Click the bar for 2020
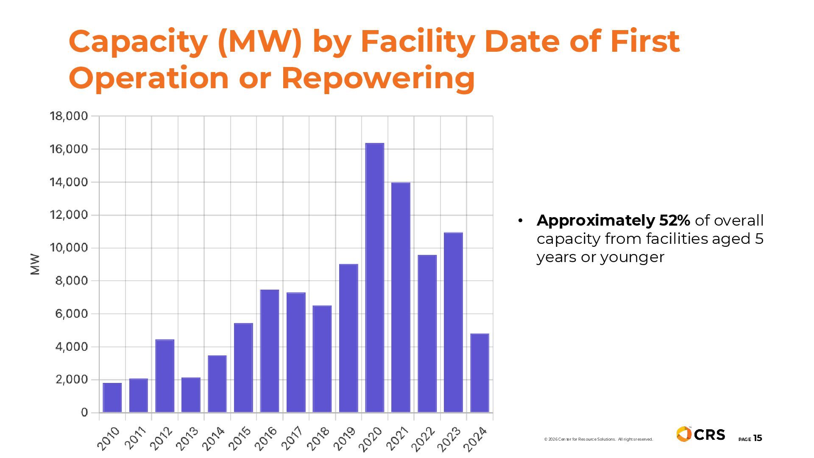(x=375, y=278)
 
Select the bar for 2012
(x=164, y=376)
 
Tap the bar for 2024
(x=479, y=373)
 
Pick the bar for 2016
(x=270, y=351)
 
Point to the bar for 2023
(x=453, y=322)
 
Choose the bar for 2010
(x=112, y=397)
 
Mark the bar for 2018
(x=322, y=359)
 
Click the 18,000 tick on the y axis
(x=69, y=116)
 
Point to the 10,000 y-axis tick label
(x=69, y=248)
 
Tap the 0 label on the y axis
(x=84, y=412)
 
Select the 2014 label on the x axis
(x=213, y=438)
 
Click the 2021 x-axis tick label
(x=397, y=438)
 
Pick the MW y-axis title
(x=35, y=264)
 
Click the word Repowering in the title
(x=378, y=78)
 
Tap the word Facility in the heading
(x=418, y=41)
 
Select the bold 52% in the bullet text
(x=675, y=221)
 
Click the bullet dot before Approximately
(x=520, y=221)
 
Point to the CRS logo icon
(x=684, y=434)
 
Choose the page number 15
(x=757, y=438)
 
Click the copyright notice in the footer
(x=598, y=439)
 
